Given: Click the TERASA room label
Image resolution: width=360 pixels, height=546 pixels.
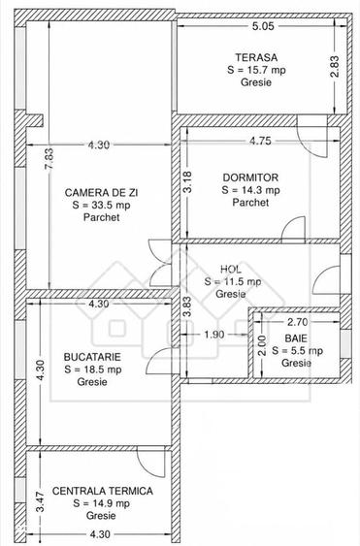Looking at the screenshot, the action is point(256,57).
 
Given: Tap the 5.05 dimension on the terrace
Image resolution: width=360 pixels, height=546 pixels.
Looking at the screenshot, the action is point(264,26).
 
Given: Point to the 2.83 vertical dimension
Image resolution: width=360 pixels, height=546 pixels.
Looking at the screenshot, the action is point(334,67).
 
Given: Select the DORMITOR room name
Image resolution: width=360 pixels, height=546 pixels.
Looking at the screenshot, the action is point(250,177).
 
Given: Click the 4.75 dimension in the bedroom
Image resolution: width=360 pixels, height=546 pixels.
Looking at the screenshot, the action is point(260,141).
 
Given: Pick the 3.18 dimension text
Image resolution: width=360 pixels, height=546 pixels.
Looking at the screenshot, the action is point(188,182).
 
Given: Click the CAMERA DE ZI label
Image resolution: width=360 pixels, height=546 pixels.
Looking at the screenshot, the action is point(102,193).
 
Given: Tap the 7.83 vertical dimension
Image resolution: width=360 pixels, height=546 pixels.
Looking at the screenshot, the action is point(49,159).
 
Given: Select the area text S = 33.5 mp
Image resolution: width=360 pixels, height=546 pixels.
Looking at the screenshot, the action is point(102,205).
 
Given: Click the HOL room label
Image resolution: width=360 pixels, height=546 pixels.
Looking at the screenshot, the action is point(231,270).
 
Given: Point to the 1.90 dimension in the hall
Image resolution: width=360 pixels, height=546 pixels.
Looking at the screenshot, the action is point(214,335).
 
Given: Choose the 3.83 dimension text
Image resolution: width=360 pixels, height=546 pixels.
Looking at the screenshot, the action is point(188,306).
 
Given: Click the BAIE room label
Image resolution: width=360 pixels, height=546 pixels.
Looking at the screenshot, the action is point(296,338).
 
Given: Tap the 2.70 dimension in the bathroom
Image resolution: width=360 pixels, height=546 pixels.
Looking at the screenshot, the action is point(297,322).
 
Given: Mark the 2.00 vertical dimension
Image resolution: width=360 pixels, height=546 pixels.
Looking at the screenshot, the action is point(262,345).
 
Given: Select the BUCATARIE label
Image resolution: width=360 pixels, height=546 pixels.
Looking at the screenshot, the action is point(92,357).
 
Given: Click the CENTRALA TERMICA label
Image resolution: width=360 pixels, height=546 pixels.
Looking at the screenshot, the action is point(103,491).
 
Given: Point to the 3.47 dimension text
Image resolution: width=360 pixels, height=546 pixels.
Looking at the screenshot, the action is point(41,501).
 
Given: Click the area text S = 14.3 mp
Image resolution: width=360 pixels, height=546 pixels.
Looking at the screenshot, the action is point(250,190).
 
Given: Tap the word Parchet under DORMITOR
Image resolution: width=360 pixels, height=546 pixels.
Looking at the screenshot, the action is point(250,203).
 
